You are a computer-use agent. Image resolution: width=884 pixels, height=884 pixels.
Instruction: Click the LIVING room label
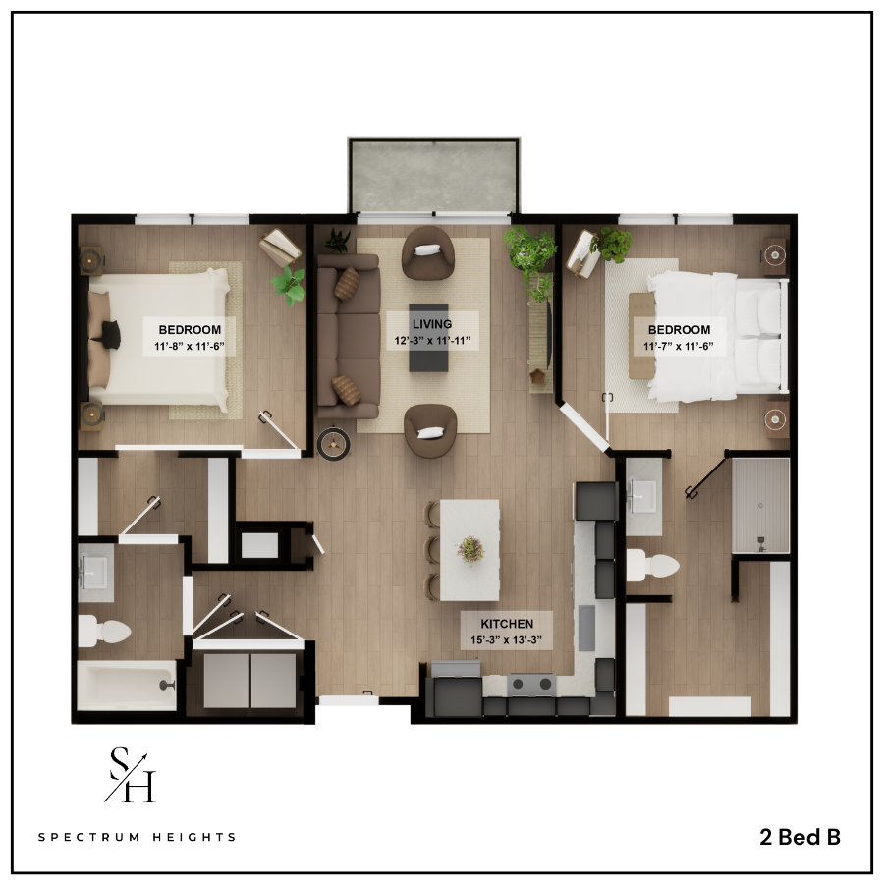point(432,324)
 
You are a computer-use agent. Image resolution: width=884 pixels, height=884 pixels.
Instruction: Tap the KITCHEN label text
point(507,624)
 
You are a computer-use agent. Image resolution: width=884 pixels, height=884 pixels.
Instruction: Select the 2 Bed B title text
point(800,837)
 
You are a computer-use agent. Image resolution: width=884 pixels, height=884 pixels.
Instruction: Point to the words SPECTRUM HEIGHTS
point(137,837)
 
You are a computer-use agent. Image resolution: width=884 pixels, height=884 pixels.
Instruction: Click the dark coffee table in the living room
point(428,338)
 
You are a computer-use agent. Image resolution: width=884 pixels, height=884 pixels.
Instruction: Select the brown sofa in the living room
point(348,337)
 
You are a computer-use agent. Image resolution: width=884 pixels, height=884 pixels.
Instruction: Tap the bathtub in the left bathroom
point(127,686)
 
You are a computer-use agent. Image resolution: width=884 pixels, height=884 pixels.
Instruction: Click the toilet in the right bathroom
point(652,565)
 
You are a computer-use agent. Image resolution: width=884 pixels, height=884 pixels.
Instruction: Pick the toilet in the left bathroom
point(104,631)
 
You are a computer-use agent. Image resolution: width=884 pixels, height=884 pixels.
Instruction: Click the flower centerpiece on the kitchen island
point(470,550)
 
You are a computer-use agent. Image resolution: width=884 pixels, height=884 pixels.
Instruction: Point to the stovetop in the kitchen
point(531,685)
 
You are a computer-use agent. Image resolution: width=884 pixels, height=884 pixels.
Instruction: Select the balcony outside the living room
point(433,175)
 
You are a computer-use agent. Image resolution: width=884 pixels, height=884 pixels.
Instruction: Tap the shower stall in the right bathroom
point(760,506)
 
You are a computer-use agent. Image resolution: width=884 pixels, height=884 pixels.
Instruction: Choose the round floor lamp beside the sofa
point(334,444)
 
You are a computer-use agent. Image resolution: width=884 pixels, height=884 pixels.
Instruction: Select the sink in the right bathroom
point(642,496)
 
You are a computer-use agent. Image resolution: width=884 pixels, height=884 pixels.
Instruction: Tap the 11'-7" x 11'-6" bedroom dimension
point(678,346)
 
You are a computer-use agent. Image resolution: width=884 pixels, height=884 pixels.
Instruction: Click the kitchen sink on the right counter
point(586,628)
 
